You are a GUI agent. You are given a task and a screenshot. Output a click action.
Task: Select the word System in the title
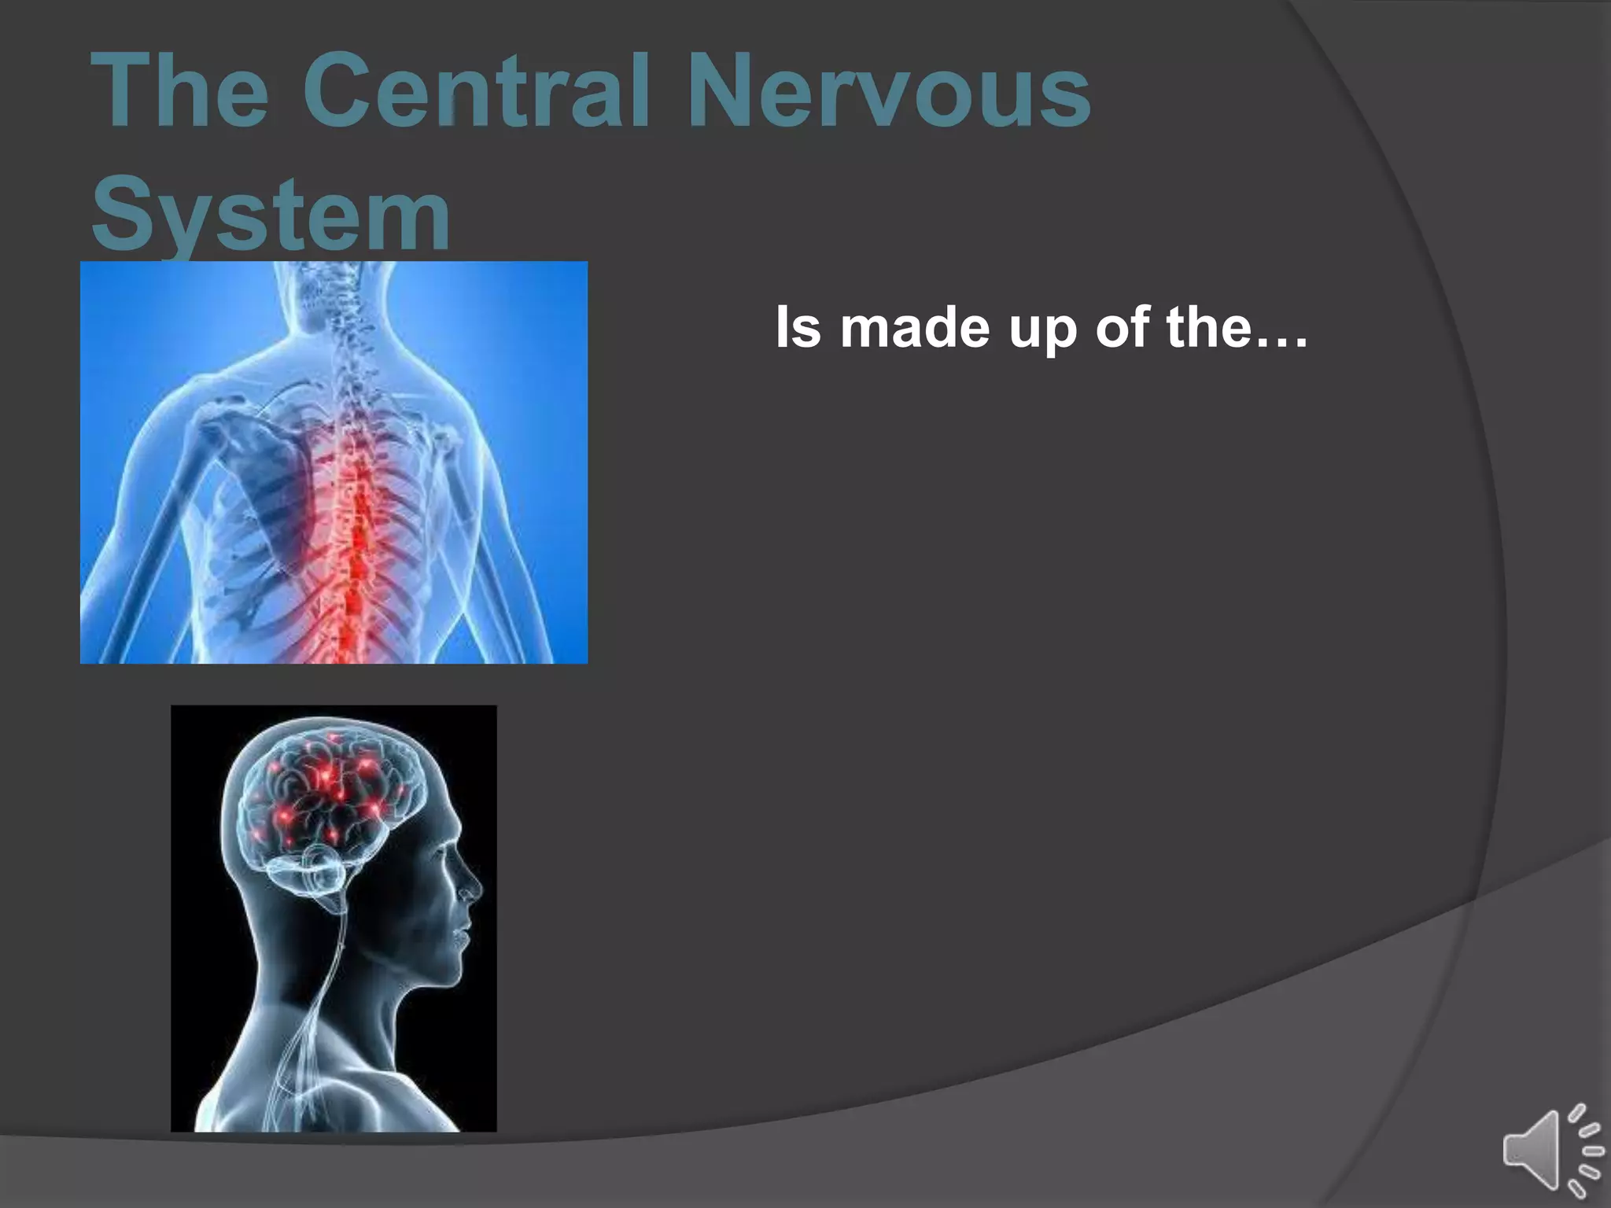(271, 214)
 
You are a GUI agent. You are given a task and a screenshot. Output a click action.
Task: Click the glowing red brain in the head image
(330, 794)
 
